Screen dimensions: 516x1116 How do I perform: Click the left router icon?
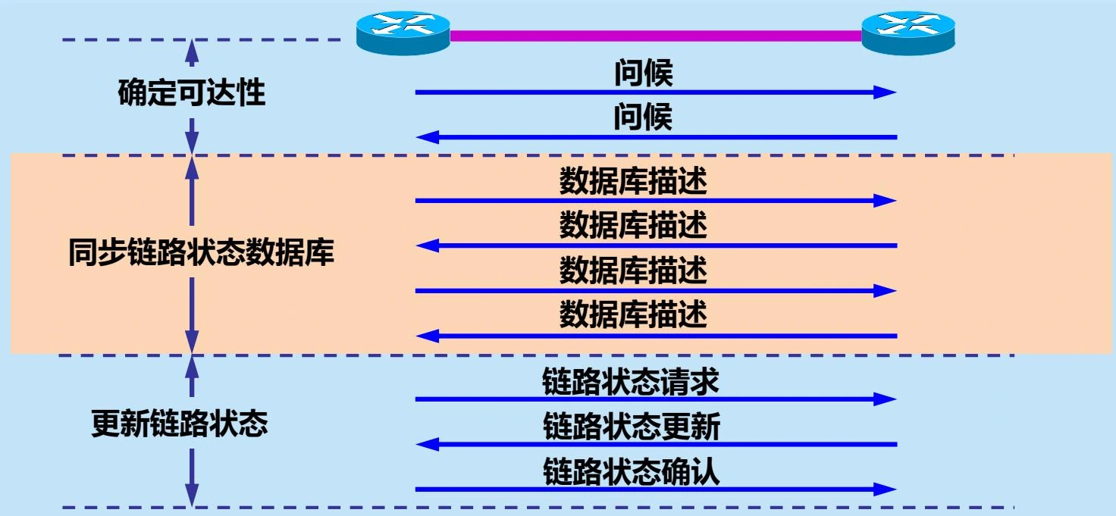point(403,32)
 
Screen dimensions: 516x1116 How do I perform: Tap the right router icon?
point(908,32)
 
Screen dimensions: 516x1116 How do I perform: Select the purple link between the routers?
point(656,36)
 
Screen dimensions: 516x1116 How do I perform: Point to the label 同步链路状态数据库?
point(201,254)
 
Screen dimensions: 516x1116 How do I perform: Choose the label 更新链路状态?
point(180,424)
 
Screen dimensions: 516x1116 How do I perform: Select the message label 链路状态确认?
point(631,472)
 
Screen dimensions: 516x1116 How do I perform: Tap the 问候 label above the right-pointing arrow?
point(643,73)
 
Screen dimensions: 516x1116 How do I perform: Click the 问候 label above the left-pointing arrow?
point(643,118)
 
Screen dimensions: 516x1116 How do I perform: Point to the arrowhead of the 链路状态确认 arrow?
point(886,489)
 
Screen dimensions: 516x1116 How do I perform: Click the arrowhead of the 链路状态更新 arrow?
point(428,444)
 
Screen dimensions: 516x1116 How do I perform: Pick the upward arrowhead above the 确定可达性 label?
point(193,51)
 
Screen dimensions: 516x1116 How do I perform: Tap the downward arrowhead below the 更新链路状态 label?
point(193,496)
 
